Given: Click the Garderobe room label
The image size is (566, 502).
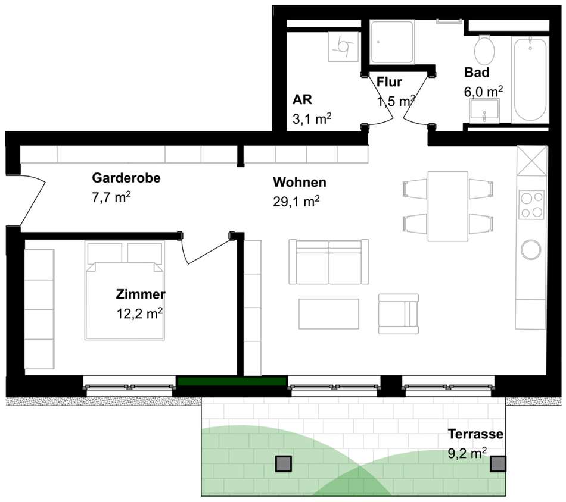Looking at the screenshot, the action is tap(126, 178).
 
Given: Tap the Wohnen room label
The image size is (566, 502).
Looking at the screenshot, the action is tap(299, 182).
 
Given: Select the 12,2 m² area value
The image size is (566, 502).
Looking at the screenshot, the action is tap(139, 313).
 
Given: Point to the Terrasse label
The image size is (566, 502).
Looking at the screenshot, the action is tap(475, 434).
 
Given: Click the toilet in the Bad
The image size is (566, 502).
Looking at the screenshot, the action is tap(484, 51).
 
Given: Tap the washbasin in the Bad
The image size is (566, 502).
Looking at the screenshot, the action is tap(484, 110).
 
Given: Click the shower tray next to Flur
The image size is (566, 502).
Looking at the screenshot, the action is tap(392, 42).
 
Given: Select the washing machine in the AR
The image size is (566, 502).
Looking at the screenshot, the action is tap(344, 46).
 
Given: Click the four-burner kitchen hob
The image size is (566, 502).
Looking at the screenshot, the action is tap(531, 205).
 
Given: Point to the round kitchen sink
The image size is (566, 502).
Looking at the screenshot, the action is tap(531, 249).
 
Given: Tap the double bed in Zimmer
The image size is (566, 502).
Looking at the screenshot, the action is tap(125, 290).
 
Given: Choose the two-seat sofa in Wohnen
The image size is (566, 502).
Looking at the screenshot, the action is tap(328, 261).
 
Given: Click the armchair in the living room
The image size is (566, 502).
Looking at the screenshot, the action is tap(399, 313).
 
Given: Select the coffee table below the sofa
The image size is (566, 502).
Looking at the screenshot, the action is tap(329, 313).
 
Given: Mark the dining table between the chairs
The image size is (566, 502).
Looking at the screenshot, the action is tap(448, 206).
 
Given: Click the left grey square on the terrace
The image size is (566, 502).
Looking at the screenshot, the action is tap(284, 464).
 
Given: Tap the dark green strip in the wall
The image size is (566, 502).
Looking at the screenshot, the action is tap(231, 381).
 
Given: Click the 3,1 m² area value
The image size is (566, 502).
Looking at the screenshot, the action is tap(312, 118).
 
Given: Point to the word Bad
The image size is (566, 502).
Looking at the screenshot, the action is tap(477, 72).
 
